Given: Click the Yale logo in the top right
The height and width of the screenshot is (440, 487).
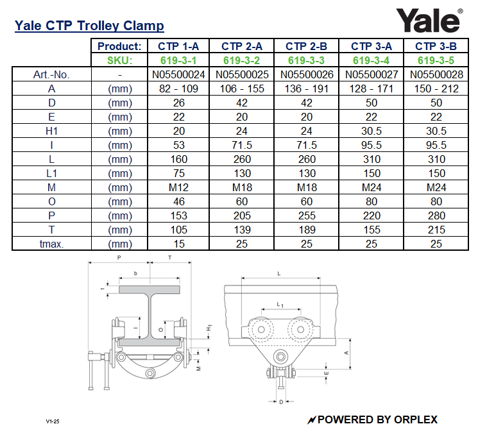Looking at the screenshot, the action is pos(429,20).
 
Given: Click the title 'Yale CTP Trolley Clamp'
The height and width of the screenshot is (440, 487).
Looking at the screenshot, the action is pos(89,26).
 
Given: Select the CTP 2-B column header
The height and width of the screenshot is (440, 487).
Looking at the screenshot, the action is pos(306,46).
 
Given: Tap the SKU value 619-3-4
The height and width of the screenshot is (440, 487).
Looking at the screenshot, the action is pos(371,60).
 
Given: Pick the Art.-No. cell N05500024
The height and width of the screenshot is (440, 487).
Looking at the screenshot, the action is pos(178,74).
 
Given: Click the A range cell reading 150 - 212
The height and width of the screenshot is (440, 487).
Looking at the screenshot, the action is pos(436,89).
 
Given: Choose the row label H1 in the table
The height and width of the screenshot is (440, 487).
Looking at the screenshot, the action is pos(51,131).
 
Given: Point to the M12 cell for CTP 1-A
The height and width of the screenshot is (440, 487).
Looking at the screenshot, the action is pos(178,187).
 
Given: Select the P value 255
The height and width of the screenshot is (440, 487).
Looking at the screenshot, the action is pos(307,216).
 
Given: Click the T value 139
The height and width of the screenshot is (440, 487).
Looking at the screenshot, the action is pos(242,230).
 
